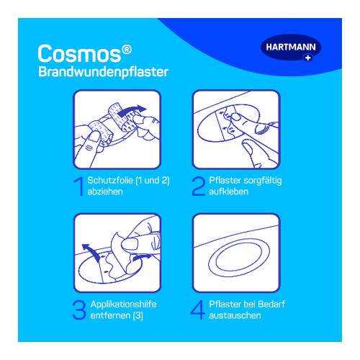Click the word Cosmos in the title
click(79, 53)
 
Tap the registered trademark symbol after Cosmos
click(127, 50)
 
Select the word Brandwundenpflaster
click(104, 72)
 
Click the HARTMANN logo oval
click(291, 48)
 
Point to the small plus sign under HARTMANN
click(308, 58)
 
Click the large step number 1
click(78, 186)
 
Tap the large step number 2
click(199, 186)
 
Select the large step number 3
click(79, 310)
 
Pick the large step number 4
click(198, 310)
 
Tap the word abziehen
click(105, 192)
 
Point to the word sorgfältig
click(263, 181)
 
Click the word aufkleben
click(229, 192)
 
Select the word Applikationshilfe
click(123, 305)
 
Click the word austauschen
click(235, 315)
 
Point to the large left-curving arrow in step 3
click(91, 252)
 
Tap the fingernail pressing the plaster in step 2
click(236, 117)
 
